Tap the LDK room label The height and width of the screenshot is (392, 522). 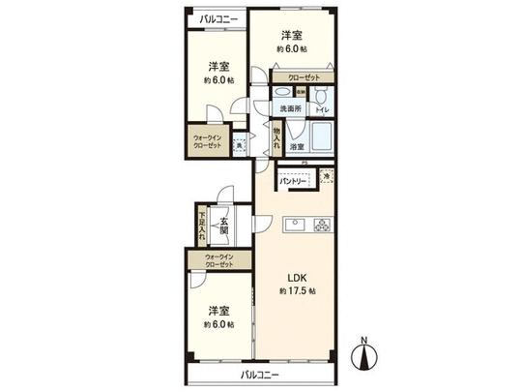(294, 275)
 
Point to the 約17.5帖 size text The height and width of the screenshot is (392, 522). (294, 290)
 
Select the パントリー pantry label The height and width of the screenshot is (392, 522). (293, 181)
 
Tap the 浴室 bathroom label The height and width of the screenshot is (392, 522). (298, 146)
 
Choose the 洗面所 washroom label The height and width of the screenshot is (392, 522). (293, 109)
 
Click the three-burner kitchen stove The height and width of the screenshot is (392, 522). (321, 226)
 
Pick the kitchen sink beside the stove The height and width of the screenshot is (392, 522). (295, 226)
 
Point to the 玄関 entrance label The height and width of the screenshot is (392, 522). (222, 228)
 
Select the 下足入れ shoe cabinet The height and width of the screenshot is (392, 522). (202, 228)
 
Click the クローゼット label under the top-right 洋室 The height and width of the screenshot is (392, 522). (303, 75)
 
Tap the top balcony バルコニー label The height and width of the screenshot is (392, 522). (216, 19)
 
